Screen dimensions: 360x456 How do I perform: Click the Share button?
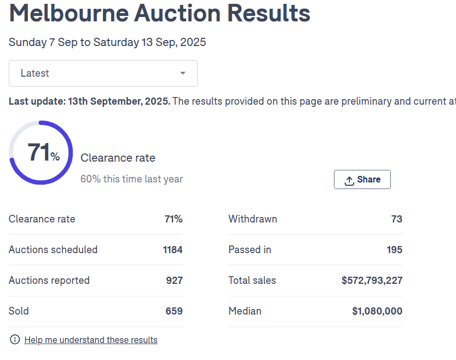pyautogui.click(x=362, y=180)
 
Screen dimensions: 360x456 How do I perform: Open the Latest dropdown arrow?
pyautogui.click(x=183, y=73)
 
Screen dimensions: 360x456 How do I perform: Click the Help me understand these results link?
pyautogui.click(x=91, y=340)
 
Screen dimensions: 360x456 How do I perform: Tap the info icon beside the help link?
pyautogui.click(x=15, y=340)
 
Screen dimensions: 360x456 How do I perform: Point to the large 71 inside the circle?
pyautogui.click(x=39, y=152)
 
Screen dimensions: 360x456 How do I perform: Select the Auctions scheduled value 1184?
pyautogui.click(x=172, y=250)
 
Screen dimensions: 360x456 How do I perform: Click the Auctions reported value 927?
pyautogui.click(x=174, y=281)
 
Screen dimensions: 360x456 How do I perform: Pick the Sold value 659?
pyautogui.click(x=174, y=311)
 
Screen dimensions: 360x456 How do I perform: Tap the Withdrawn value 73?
pyautogui.click(x=396, y=219)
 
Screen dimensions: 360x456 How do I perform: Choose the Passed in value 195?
pyautogui.click(x=394, y=250)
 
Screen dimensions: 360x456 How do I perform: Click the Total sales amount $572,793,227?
pyautogui.click(x=372, y=281)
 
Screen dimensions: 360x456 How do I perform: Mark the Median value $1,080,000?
pyautogui.click(x=377, y=311)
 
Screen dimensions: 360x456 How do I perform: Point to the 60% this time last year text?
pyautogui.click(x=131, y=179)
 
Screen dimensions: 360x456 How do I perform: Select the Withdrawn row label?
pyautogui.click(x=252, y=219)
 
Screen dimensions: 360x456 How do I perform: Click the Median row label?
pyautogui.click(x=245, y=311)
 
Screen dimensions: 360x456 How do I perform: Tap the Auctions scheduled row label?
pyautogui.click(x=53, y=250)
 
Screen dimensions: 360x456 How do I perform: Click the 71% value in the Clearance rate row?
pyautogui.click(x=174, y=219)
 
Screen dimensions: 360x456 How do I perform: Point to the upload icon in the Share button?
pyautogui.click(x=349, y=180)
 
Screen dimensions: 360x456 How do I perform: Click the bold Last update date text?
pyautogui.click(x=89, y=101)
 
